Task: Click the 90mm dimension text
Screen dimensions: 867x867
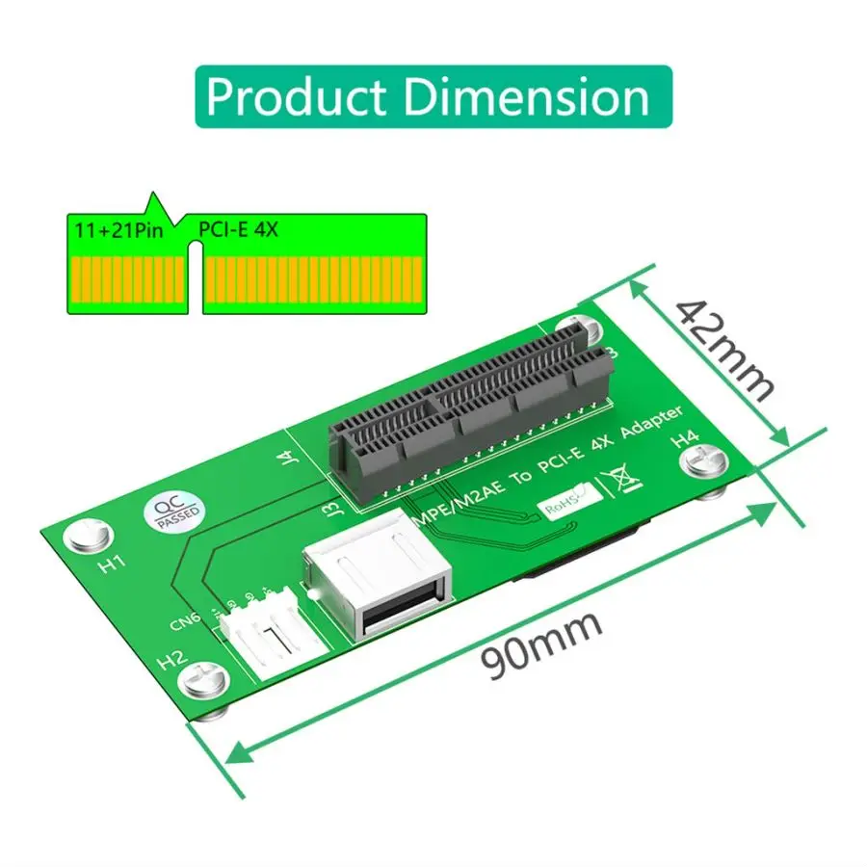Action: [543, 644]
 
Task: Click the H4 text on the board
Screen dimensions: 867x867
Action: [684, 438]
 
